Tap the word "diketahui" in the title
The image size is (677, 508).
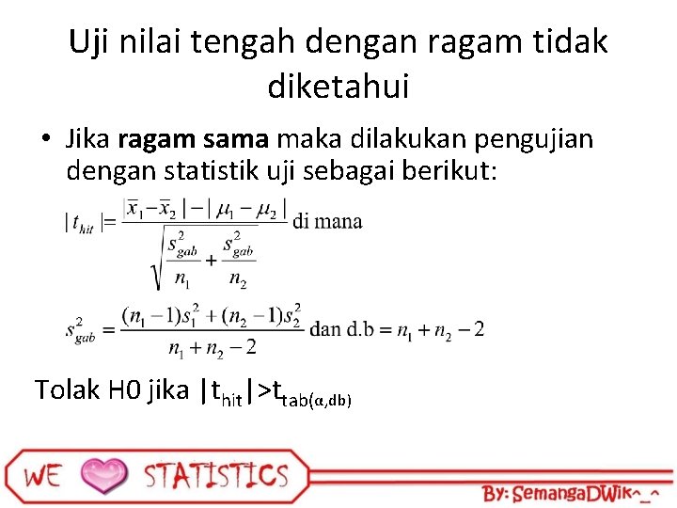click(338, 87)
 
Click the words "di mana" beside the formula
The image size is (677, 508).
click(327, 222)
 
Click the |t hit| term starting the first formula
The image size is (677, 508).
click(83, 223)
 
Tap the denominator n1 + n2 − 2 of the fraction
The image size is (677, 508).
click(212, 348)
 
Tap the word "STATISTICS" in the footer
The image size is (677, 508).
click(215, 475)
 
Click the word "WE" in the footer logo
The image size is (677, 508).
click(42, 475)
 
